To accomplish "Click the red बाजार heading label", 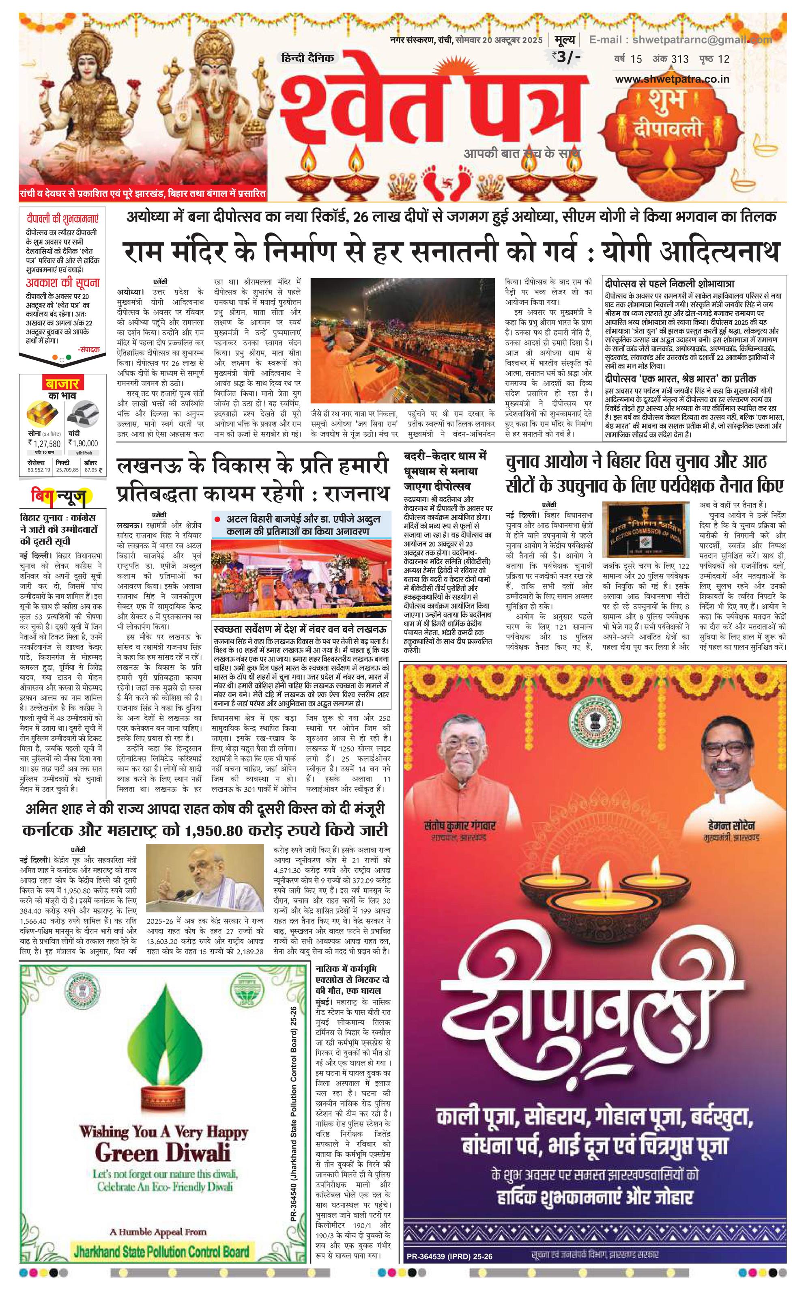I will (62, 383).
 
